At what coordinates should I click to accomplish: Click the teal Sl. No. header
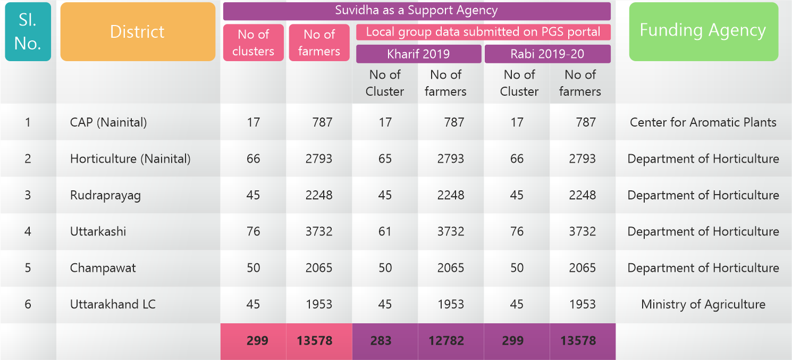(x=28, y=32)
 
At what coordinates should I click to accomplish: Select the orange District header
(x=137, y=32)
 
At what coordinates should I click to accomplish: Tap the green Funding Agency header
(x=703, y=31)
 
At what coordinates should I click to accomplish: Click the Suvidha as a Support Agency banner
(x=416, y=11)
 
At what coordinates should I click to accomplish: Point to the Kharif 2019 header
(x=418, y=54)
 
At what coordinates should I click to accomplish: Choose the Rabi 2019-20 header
(x=547, y=54)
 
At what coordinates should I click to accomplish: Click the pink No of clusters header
(x=253, y=43)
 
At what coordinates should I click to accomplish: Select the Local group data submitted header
(x=483, y=32)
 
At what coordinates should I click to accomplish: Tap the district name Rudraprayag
(x=105, y=195)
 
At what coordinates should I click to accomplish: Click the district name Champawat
(x=103, y=267)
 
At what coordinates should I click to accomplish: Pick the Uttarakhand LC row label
(x=113, y=304)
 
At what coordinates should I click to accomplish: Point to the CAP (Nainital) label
(x=108, y=122)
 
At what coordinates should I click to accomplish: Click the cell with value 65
(x=385, y=158)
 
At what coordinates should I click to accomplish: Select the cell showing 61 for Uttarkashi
(x=385, y=231)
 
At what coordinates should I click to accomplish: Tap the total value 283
(x=381, y=341)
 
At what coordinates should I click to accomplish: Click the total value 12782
(x=446, y=341)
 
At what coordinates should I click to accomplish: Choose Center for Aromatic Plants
(x=703, y=122)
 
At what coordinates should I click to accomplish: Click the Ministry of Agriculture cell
(x=703, y=304)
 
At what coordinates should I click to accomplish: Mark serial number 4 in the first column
(x=28, y=231)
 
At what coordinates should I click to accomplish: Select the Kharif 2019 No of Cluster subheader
(x=384, y=83)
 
